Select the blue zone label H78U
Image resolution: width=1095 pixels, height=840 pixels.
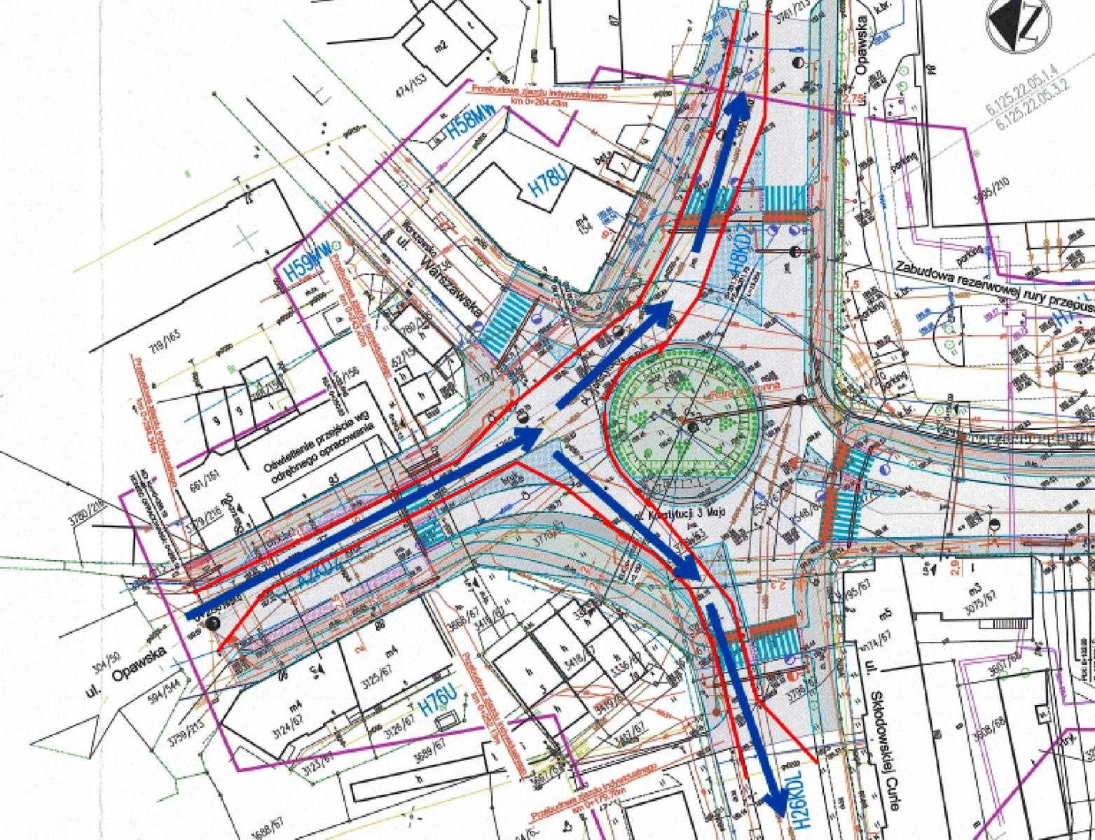(x=549, y=181)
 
